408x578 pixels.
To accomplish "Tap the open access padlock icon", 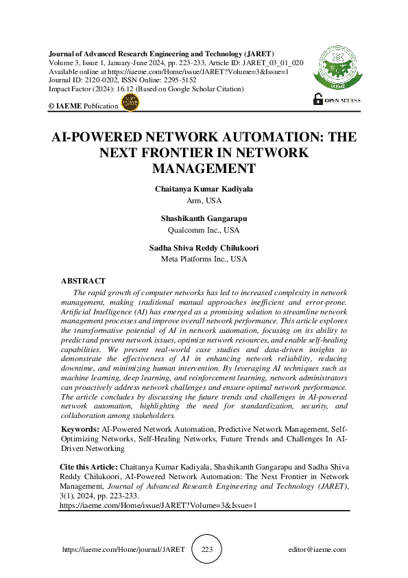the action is click(x=317, y=99).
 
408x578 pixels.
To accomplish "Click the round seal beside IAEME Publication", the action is click(x=130, y=103).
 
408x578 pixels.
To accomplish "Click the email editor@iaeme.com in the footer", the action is click(x=317, y=550).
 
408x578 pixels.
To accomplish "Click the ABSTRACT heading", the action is click(x=83, y=281).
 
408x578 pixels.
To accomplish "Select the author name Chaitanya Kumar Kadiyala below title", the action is click(x=204, y=189).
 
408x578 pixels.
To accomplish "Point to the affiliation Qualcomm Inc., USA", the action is click(x=204, y=230).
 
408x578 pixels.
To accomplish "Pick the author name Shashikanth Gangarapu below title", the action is click(x=204, y=218).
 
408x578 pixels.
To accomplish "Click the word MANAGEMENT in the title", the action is click(x=204, y=168).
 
